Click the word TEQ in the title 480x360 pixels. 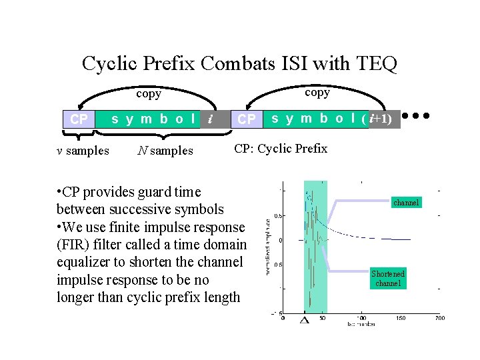coord(377,64)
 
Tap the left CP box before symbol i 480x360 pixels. coord(79,120)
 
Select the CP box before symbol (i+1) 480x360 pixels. coord(247,119)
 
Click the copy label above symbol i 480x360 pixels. coord(149,94)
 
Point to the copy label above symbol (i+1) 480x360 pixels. coord(317,93)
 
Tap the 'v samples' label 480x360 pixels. coord(83,151)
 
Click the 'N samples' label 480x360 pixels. coord(165,151)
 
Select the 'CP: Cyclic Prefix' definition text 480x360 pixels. coord(281,149)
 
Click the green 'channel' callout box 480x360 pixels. coord(407,201)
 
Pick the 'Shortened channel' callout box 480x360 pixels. coord(388,279)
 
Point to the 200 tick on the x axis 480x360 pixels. coord(440,319)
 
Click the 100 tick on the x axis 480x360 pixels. coord(361,319)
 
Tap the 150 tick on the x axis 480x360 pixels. coord(401,319)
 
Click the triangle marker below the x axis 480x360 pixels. coord(305,321)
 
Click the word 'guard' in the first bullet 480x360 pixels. coord(158,192)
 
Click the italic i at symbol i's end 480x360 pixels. coord(210,119)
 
